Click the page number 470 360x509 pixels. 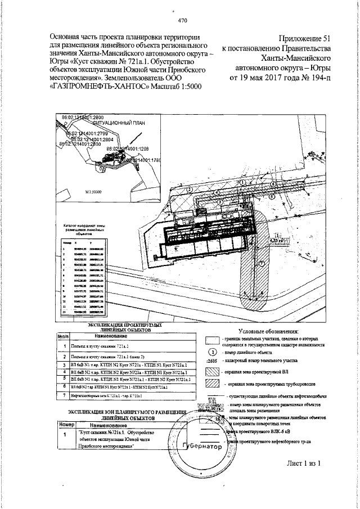(x=182, y=22)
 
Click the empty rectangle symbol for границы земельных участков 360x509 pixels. (x=211, y=340)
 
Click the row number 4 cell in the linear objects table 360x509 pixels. (x=65, y=372)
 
